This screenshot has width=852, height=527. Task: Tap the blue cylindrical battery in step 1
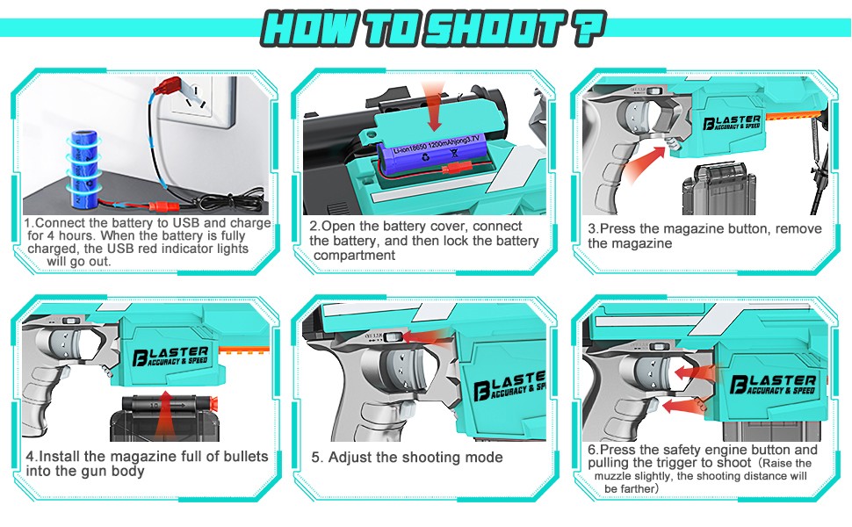[x=85, y=169]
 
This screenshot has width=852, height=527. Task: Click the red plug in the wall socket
[x=168, y=87]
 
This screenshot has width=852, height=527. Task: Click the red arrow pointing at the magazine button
[x=645, y=164]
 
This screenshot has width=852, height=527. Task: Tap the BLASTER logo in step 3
[x=732, y=122]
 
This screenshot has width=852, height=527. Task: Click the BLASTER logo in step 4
[x=170, y=357]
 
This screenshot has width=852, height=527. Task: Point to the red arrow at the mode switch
[x=430, y=337]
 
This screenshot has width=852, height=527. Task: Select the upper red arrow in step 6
[x=695, y=372]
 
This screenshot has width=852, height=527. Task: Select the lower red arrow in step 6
[x=684, y=406]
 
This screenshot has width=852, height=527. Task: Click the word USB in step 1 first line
[x=186, y=223]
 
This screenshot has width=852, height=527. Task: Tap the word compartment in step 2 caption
[x=354, y=256]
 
